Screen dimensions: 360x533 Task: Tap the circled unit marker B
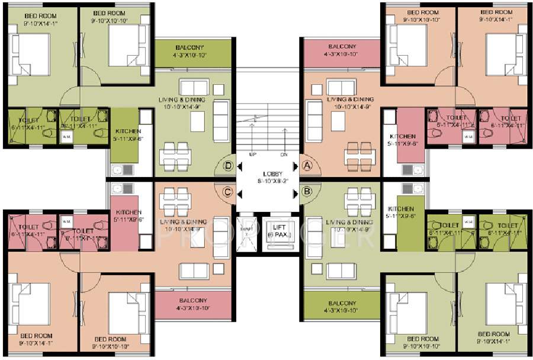307,191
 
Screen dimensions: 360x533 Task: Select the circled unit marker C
226,191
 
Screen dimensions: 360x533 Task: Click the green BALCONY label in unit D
190,47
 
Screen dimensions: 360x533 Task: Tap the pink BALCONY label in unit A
342,47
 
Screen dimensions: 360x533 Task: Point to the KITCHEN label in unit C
128,212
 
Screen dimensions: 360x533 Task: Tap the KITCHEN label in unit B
401,209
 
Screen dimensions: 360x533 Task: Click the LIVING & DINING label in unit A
350,99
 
